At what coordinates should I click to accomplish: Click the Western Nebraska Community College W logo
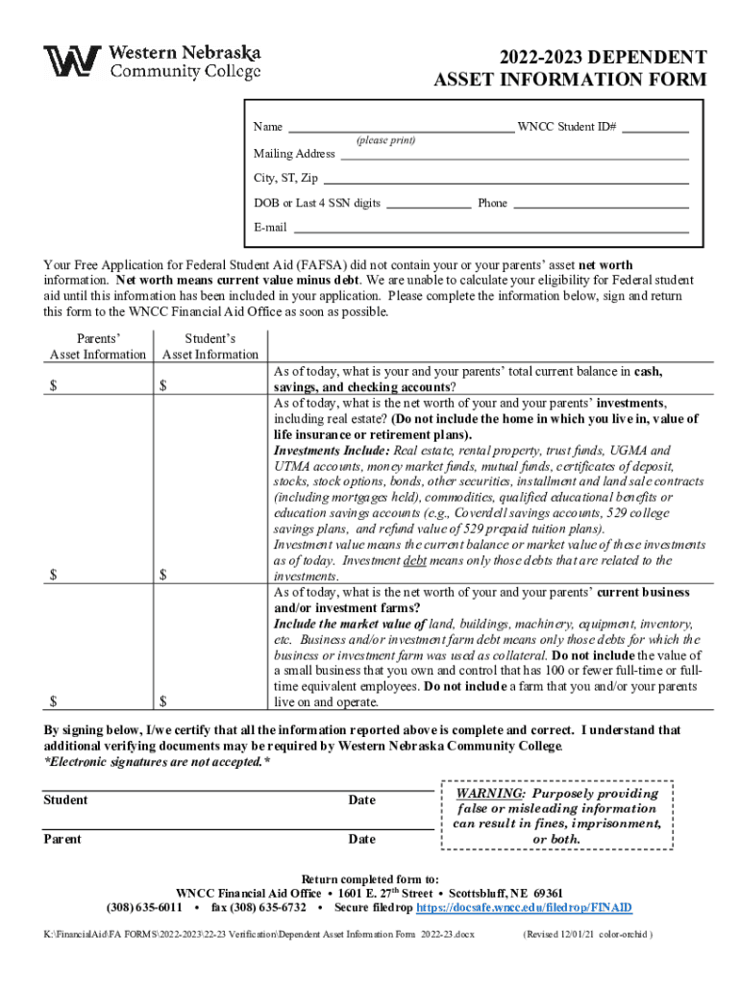click(72, 61)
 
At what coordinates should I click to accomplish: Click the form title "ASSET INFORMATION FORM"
click(571, 80)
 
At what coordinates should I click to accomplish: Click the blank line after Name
click(401, 127)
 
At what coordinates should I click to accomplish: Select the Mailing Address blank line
click(513, 154)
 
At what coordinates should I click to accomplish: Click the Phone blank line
click(601, 204)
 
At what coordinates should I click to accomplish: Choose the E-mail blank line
click(491, 229)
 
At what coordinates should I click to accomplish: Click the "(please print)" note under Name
click(385, 140)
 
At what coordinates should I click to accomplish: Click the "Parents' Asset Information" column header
click(98, 347)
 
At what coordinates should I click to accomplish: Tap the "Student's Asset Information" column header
click(210, 347)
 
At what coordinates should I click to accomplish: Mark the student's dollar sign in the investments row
click(164, 576)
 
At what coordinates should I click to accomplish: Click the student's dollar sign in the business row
click(164, 701)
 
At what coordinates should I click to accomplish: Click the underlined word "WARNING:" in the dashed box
click(490, 794)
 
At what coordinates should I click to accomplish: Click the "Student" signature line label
click(66, 800)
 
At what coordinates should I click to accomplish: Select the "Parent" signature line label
click(63, 840)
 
